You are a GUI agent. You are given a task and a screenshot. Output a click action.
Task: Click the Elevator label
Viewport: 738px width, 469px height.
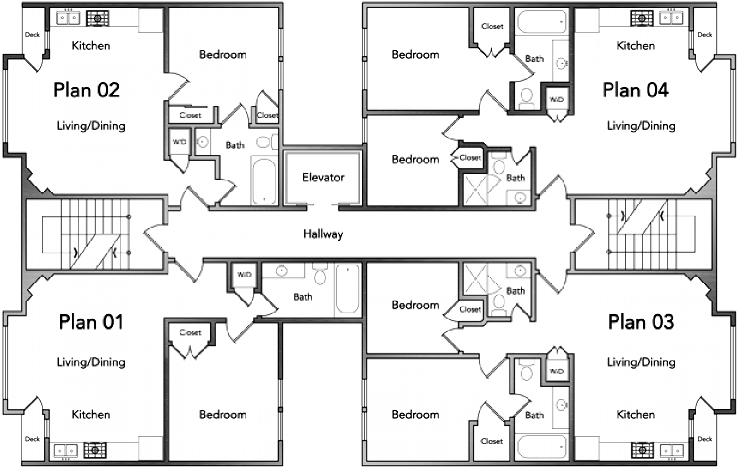tap(323, 177)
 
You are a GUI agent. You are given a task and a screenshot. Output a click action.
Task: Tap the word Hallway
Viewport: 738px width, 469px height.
tap(323, 234)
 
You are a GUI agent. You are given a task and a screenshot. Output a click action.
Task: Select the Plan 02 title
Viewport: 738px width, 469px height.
tap(86, 90)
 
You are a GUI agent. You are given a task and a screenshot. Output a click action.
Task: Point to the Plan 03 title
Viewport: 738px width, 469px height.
tap(641, 322)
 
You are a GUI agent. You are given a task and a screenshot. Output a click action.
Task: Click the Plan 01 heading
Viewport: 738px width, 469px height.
tap(91, 322)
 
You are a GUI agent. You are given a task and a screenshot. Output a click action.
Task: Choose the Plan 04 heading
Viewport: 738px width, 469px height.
tap(636, 90)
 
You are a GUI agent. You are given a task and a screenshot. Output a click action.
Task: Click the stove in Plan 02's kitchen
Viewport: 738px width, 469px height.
tap(97, 18)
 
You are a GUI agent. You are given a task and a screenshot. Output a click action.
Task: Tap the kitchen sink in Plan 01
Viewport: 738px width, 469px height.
tap(66, 451)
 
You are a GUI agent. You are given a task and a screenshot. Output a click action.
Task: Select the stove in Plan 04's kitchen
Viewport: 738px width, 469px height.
tap(642, 18)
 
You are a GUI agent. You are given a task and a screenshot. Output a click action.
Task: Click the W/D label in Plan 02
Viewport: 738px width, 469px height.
tap(179, 142)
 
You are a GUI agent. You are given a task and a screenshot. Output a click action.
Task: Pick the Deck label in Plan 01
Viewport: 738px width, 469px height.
tap(32, 439)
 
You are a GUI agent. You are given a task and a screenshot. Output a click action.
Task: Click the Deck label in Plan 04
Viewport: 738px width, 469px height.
tap(705, 35)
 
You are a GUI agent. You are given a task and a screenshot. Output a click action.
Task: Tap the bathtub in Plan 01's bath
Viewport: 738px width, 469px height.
tap(348, 289)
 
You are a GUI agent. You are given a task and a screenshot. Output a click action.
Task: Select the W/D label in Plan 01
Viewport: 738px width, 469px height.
tap(245, 275)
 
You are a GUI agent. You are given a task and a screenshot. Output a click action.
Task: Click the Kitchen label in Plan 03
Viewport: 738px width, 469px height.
tap(636, 415)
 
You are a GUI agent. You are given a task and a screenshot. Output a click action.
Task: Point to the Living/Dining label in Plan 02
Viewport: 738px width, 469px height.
tap(91, 126)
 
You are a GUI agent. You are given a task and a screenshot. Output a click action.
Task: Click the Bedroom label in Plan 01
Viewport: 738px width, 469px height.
tap(223, 415)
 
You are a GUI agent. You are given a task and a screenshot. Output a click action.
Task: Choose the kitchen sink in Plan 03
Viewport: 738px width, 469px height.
tap(672, 451)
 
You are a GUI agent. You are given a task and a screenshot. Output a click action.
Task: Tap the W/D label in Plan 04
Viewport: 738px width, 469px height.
tap(557, 99)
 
